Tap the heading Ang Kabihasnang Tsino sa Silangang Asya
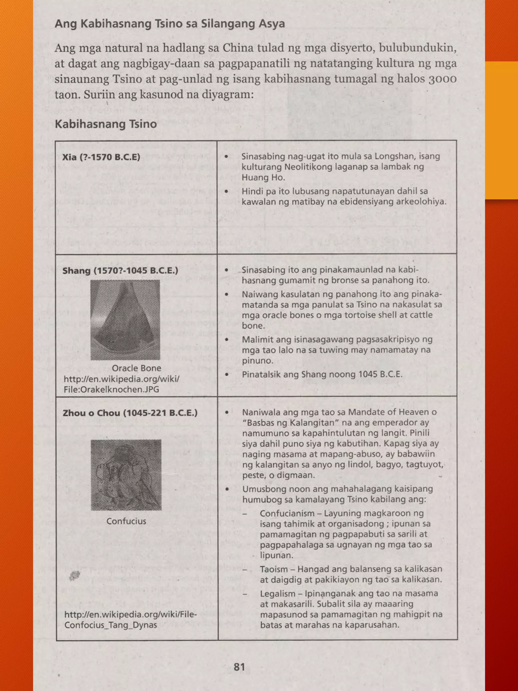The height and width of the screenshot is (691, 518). (169, 24)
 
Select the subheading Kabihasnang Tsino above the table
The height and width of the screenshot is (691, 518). (105, 124)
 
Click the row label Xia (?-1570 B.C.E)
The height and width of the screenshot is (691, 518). (101, 157)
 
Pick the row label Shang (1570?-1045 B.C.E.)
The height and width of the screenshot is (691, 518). (120, 270)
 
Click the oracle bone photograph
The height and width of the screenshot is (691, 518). (125, 320)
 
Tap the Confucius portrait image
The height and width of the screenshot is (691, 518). (126, 475)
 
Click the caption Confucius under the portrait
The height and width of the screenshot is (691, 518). (126, 521)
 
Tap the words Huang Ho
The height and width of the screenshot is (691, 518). (263, 177)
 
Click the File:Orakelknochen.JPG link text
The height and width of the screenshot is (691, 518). (111, 389)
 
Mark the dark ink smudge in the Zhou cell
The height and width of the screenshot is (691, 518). (74, 575)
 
